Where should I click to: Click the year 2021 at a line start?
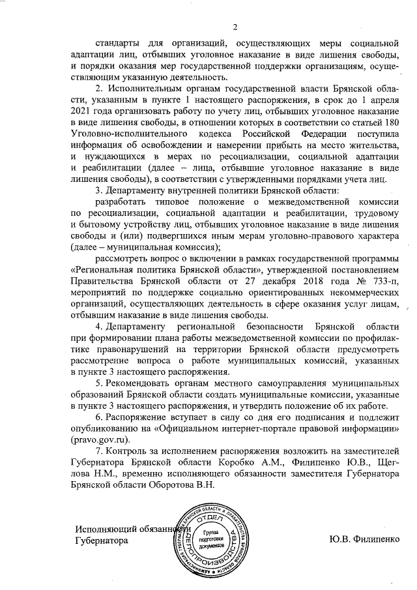click(x=83, y=111)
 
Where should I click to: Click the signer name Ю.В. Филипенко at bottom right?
click(x=364, y=540)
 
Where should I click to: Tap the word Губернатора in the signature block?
click(x=98, y=540)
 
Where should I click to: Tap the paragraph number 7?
click(x=98, y=451)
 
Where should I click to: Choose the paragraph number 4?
click(x=98, y=325)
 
